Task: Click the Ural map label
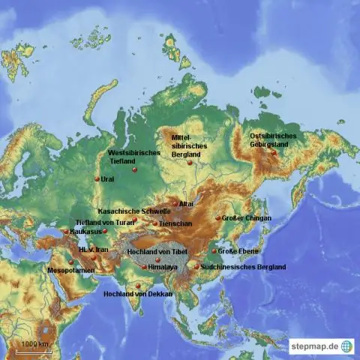point(108,180)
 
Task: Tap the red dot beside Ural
point(97,178)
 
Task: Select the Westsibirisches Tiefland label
point(134,156)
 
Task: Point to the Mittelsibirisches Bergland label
point(187,145)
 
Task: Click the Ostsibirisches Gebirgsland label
point(273,140)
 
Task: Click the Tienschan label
point(170,223)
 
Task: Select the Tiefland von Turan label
point(105,222)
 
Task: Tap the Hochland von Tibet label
point(157,251)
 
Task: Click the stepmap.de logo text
point(313,346)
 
